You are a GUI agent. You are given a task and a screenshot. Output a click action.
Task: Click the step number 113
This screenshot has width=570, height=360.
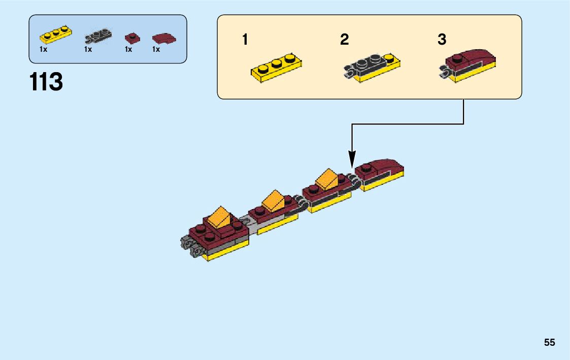(x=46, y=82)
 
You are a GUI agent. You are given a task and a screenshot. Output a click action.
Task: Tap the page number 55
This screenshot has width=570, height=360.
(x=549, y=343)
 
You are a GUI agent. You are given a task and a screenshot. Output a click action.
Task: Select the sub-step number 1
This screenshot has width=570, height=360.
(x=245, y=40)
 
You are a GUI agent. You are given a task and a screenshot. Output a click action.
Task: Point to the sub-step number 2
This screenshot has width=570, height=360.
(x=345, y=40)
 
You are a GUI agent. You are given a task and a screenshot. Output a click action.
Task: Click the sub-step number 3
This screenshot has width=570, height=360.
(x=442, y=40)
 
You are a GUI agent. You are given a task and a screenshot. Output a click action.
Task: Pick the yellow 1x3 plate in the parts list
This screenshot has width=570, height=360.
(x=56, y=35)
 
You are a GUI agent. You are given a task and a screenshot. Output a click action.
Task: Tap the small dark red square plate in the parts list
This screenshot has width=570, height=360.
(x=132, y=37)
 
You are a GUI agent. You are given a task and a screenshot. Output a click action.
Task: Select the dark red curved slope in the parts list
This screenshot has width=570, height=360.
(x=164, y=38)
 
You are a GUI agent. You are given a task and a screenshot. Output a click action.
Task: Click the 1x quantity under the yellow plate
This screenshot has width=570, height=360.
(x=43, y=50)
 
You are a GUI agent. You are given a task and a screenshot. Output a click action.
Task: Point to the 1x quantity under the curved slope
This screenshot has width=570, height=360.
(x=156, y=50)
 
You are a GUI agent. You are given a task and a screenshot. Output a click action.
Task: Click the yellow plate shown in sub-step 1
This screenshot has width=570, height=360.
(x=277, y=67)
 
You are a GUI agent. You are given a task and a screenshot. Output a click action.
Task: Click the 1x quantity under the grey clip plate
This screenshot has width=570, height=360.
(x=88, y=50)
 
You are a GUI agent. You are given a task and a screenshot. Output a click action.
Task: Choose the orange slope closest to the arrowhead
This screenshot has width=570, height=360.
(x=327, y=179)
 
